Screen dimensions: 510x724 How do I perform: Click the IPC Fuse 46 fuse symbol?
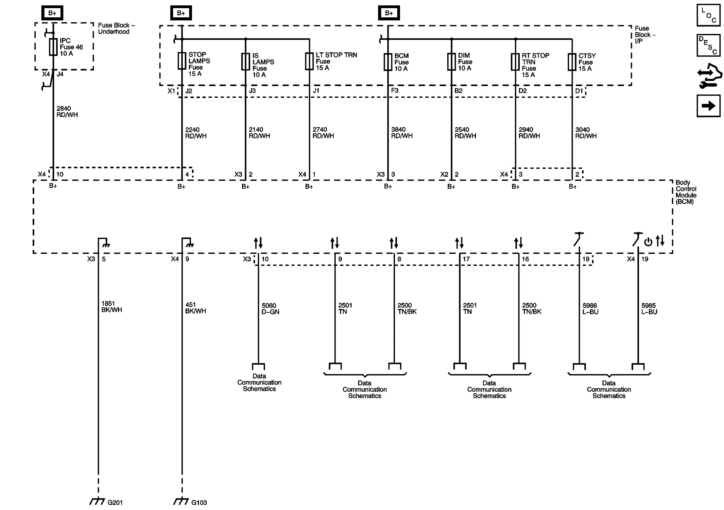click(x=53, y=47)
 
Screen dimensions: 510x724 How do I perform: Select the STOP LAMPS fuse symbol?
click(x=182, y=61)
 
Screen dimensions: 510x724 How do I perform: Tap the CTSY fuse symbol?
click(x=572, y=62)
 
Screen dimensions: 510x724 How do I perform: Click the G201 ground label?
click(x=115, y=503)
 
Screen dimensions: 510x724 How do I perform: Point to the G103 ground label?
click(x=199, y=503)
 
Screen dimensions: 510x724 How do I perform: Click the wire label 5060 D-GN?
click(x=270, y=309)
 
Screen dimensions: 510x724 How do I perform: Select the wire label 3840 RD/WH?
click(x=401, y=133)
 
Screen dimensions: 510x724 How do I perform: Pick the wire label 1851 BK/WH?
click(x=111, y=307)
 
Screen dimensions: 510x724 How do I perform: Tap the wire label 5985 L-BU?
click(x=649, y=309)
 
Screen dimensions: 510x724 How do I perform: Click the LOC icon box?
click(x=708, y=15)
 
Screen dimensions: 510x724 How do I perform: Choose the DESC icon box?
click(x=708, y=45)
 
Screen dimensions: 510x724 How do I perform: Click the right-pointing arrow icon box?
click(x=708, y=106)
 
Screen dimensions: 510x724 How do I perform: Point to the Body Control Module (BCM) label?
click(x=686, y=192)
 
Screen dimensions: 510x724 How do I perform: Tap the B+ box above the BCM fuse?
click(x=389, y=13)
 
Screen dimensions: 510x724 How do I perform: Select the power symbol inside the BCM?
click(x=648, y=242)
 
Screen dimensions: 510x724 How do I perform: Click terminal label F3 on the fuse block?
click(x=395, y=91)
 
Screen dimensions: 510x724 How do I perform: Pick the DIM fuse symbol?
click(x=451, y=62)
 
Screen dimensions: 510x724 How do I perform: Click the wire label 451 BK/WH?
click(x=195, y=308)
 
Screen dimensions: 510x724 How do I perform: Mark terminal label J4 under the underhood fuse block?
click(x=60, y=74)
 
